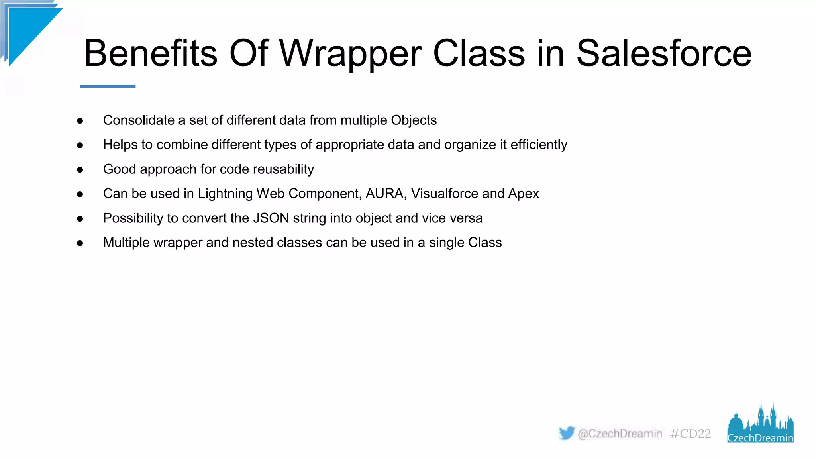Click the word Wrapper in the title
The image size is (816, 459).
(350, 53)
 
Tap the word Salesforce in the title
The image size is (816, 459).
(664, 53)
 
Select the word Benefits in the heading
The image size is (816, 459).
(151, 53)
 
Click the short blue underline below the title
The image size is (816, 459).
(108, 86)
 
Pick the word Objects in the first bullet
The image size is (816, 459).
(414, 120)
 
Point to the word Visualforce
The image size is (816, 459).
(445, 194)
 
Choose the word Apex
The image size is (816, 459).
(524, 194)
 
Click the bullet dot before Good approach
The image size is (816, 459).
(80, 170)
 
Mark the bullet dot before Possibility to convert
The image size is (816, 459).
(80, 219)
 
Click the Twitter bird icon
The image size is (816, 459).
(566, 433)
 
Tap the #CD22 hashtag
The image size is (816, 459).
(690, 433)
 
